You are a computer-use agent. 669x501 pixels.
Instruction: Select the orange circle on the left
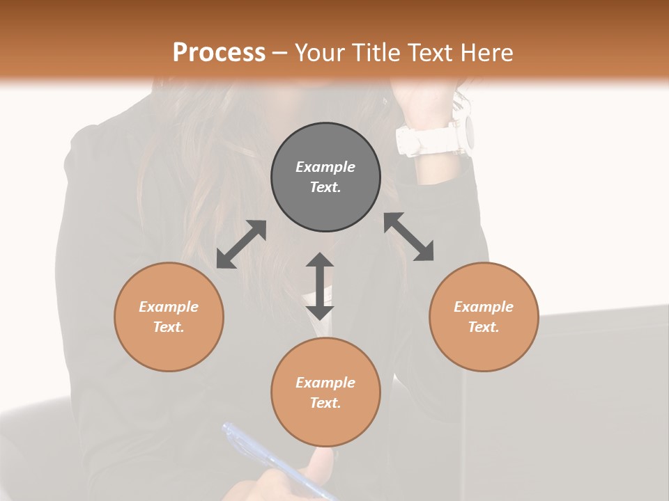[169, 317]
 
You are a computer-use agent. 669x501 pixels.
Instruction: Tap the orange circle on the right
[484, 317]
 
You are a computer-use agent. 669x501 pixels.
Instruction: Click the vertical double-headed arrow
[320, 286]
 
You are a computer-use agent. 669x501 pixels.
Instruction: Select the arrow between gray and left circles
[241, 244]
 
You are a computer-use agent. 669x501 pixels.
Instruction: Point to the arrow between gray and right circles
[409, 237]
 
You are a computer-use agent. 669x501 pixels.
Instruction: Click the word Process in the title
[219, 52]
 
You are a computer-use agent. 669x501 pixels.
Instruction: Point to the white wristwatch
[437, 136]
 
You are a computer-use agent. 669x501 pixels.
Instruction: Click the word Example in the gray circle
[325, 167]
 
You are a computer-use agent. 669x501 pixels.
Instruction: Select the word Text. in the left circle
[169, 327]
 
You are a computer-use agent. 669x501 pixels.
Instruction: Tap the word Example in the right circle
[484, 307]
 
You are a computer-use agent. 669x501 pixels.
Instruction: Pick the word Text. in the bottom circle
[325, 403]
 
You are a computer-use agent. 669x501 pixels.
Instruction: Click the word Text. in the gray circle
[325, 187]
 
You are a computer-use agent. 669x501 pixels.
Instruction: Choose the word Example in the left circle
[169, 307]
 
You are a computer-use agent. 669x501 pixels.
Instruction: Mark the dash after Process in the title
[280, 53]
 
